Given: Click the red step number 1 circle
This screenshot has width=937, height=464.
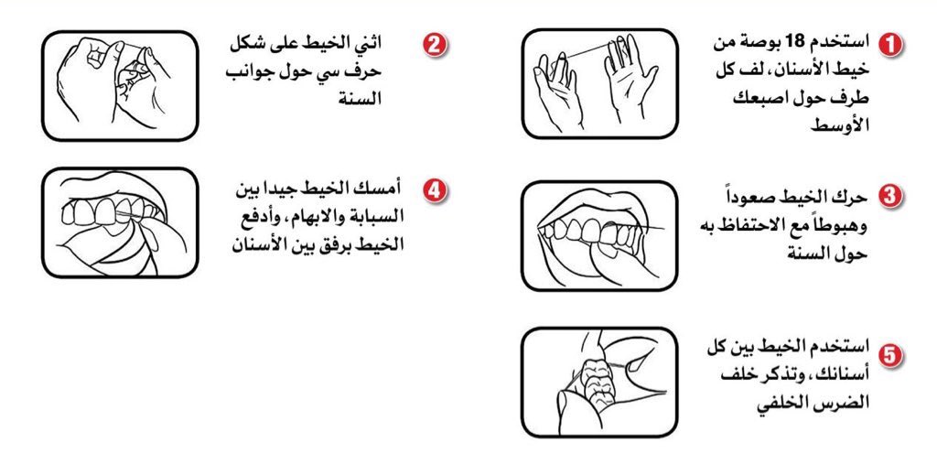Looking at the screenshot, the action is pyautogui.click(x=891, y=45).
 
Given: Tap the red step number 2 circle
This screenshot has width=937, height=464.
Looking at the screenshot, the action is pyautogui.click(x=435, y=45).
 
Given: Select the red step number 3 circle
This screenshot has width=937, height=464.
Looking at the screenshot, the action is pyautogui.click(x=891, y=197).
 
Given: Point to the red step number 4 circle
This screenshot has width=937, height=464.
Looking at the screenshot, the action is pyautogui.click(x=435, y=190).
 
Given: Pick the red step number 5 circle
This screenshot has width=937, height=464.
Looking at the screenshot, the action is pyautogui.click(x=891, y=355).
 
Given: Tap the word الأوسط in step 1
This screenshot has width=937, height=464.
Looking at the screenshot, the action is pyautogui.click(x=838, y=125).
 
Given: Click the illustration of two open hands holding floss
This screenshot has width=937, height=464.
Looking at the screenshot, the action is pyautogui.click(x=600, y=83).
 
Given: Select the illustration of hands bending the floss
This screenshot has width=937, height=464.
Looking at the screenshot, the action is pyautogui.click(x=120, y=85).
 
